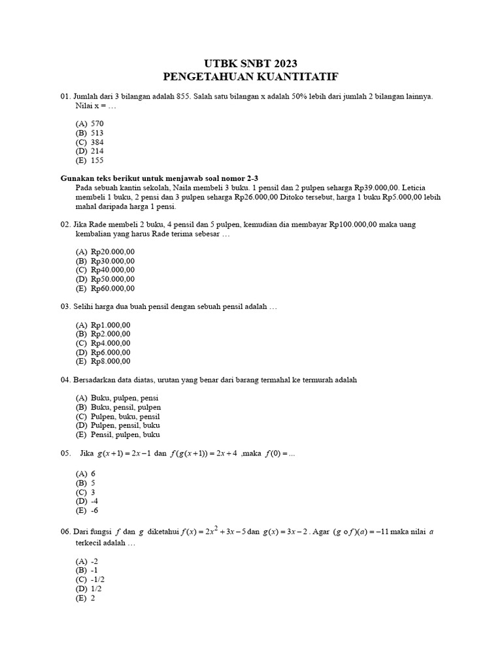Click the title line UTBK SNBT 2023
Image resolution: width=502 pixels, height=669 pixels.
(252, 63)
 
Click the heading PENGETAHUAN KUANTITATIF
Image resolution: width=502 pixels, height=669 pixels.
(252, 76)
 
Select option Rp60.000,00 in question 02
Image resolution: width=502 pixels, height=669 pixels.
(112, 288)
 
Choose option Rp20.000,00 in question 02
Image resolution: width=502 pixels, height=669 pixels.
(112, 252)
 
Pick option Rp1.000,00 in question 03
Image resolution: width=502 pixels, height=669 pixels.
(110, 325)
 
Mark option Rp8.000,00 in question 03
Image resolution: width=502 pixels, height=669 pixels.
(110, 361)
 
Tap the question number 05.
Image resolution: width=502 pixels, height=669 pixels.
(65, 453)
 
